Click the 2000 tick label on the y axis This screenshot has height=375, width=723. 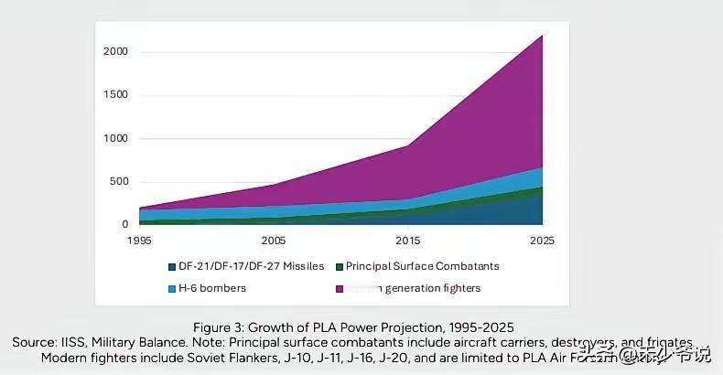(114, 52)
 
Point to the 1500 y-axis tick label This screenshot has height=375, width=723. (114, 95)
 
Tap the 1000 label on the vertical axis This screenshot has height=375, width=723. (114, 138)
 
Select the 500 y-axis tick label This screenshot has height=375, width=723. (118, 181)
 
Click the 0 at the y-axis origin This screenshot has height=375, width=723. (124, 224)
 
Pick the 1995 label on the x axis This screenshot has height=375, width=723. (140, 241)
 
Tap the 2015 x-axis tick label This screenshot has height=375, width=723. (408, 241)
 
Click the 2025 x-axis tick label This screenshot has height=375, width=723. (542, 241)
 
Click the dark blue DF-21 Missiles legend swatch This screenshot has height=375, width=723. (171, 266)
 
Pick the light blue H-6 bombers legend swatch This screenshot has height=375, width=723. (171, 288)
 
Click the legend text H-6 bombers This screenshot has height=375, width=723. (213, 288)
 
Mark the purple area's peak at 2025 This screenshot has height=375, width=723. (542, 37)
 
